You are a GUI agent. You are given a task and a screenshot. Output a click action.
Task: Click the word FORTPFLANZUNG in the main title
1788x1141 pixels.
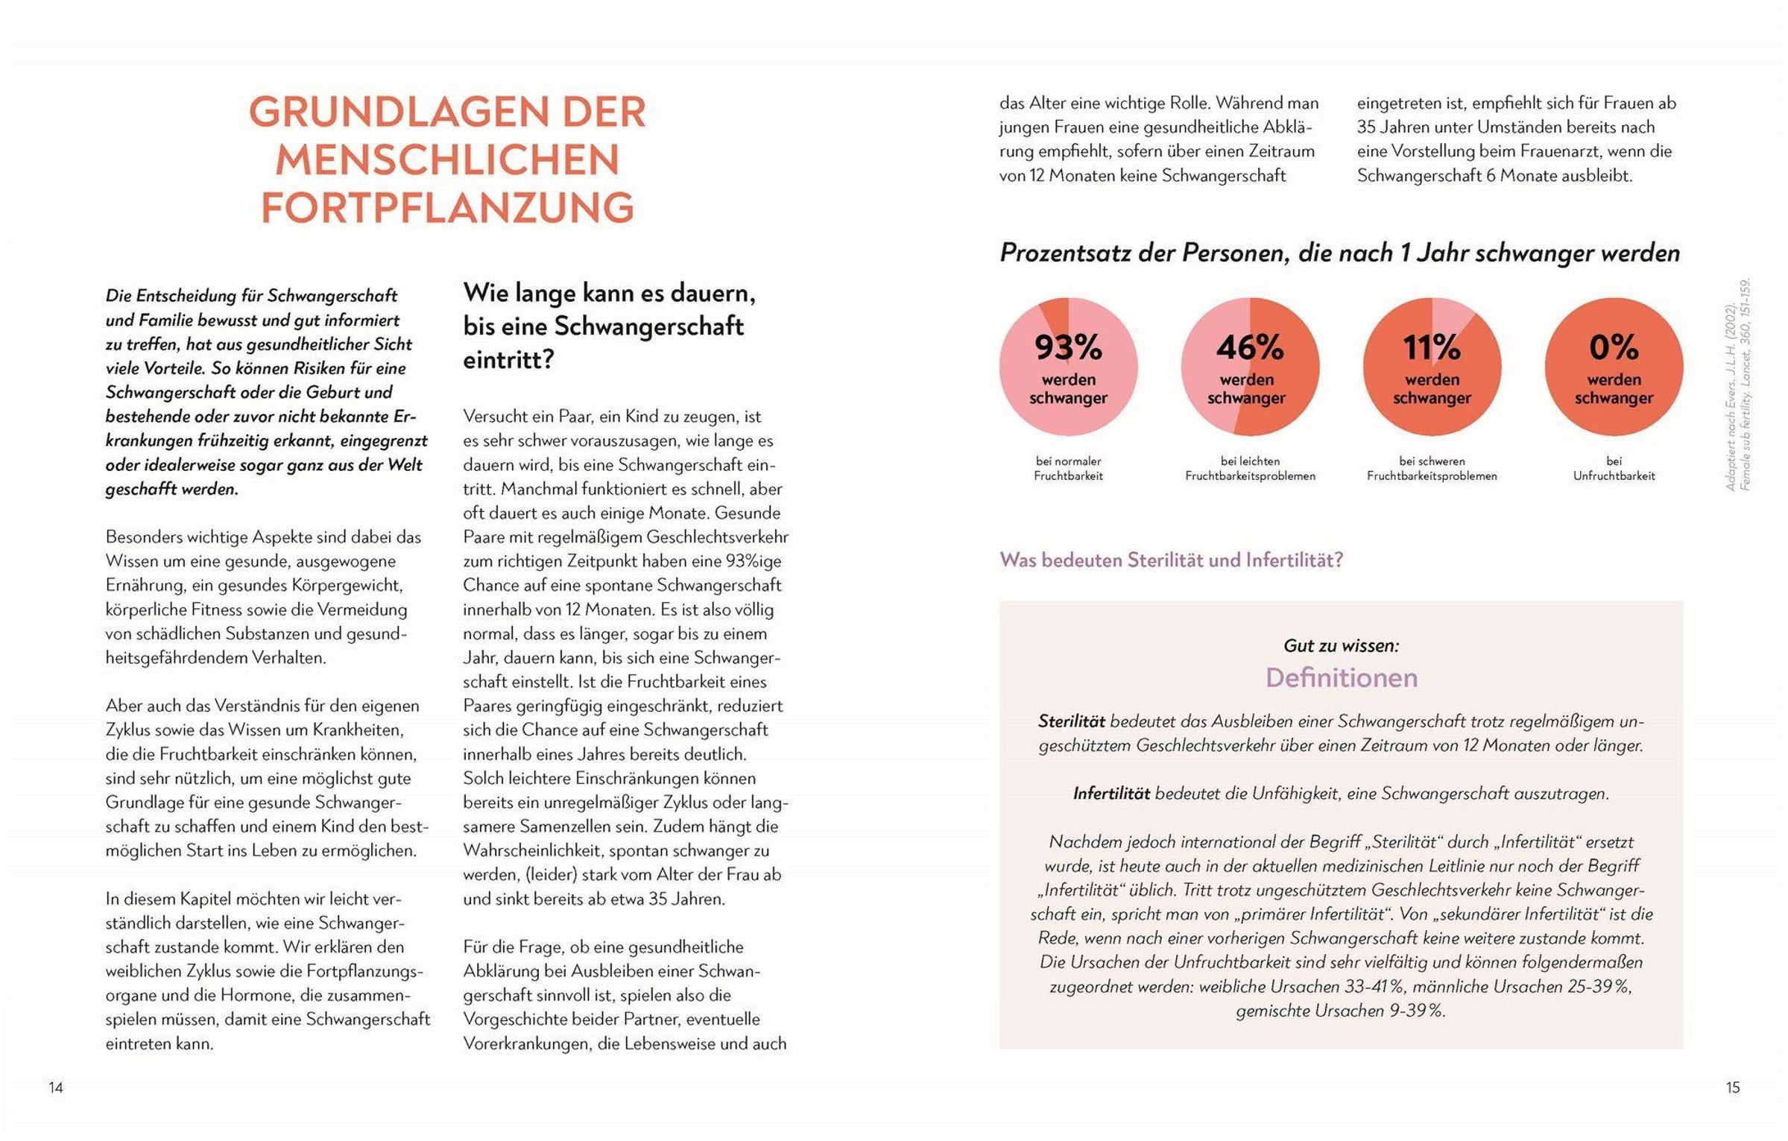click(x=447, y=207)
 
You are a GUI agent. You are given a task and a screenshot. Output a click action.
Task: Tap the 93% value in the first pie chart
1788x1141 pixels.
click(x=1068, y=347)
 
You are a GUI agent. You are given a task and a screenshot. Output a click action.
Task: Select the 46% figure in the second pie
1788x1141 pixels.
click(x=1250, y=347)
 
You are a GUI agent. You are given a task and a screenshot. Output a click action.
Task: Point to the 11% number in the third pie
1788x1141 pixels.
click(x=1432, y=347)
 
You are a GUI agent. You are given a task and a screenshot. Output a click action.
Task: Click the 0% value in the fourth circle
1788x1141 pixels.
click(x=1614, y=347)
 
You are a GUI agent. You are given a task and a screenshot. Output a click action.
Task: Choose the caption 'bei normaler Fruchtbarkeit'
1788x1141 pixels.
click(x=1068, y=468)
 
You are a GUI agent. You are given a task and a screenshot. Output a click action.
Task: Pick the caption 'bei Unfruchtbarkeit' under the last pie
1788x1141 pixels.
click(x=1614, y=468)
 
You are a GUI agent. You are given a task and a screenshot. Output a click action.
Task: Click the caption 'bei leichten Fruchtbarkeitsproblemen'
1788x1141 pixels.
click(x=1250, y=468)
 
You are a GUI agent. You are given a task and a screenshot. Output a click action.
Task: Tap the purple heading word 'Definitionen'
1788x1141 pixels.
click(x=1341, y=677)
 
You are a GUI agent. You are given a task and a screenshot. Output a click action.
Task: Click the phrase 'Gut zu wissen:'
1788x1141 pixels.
click(x=1341, y=645)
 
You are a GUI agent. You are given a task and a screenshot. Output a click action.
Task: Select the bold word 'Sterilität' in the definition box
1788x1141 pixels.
click(x=1071, y=721)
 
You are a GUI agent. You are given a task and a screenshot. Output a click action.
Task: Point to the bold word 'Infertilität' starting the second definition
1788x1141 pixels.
click(x=1111, y=794)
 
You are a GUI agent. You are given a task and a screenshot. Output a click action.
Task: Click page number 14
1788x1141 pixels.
click(x=56, y=1087)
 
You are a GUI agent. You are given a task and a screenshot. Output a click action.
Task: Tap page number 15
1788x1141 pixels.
click(x=1733, y=1087)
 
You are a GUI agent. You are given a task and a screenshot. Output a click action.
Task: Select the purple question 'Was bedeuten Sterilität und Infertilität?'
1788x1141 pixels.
click(x=1171, y=560)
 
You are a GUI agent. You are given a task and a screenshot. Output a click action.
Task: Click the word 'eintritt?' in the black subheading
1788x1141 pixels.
click(x=508, y=360)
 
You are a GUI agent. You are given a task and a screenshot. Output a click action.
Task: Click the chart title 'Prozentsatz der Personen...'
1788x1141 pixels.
click(x=1339, y=253)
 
